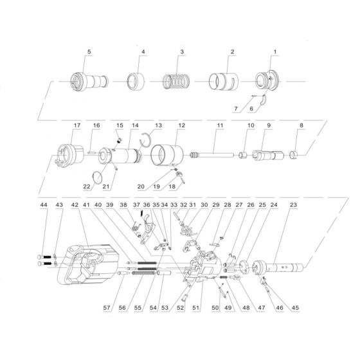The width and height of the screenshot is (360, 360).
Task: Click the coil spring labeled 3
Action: coord(176,82)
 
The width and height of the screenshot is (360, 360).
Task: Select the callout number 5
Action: coord(89,51)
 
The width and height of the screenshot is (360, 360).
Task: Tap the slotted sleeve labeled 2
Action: coord(224,82)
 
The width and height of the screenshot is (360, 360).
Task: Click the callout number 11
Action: coord(220,125)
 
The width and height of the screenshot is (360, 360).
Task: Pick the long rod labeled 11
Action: coord(212,155)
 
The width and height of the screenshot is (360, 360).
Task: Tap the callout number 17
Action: coord(77,125)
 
